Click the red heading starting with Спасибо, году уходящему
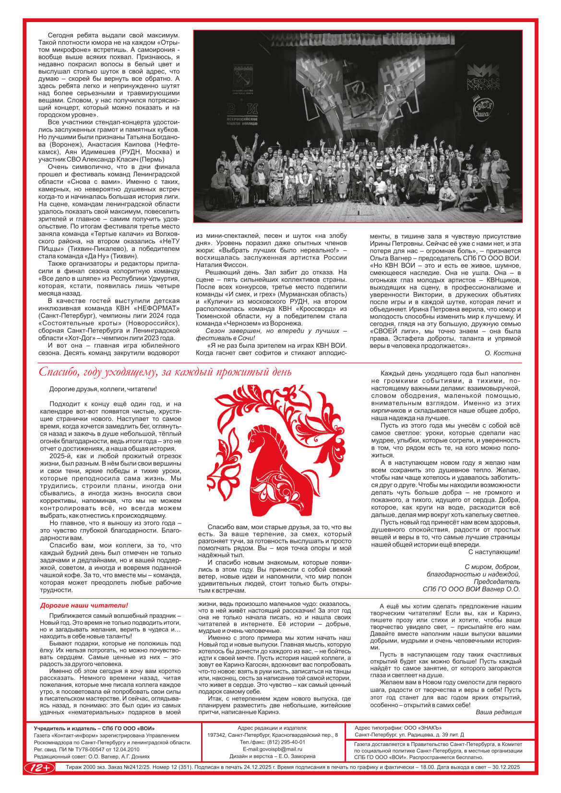click(165, 372)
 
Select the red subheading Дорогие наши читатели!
click(84, 606)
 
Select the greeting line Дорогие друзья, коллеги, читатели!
click(103, 389)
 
